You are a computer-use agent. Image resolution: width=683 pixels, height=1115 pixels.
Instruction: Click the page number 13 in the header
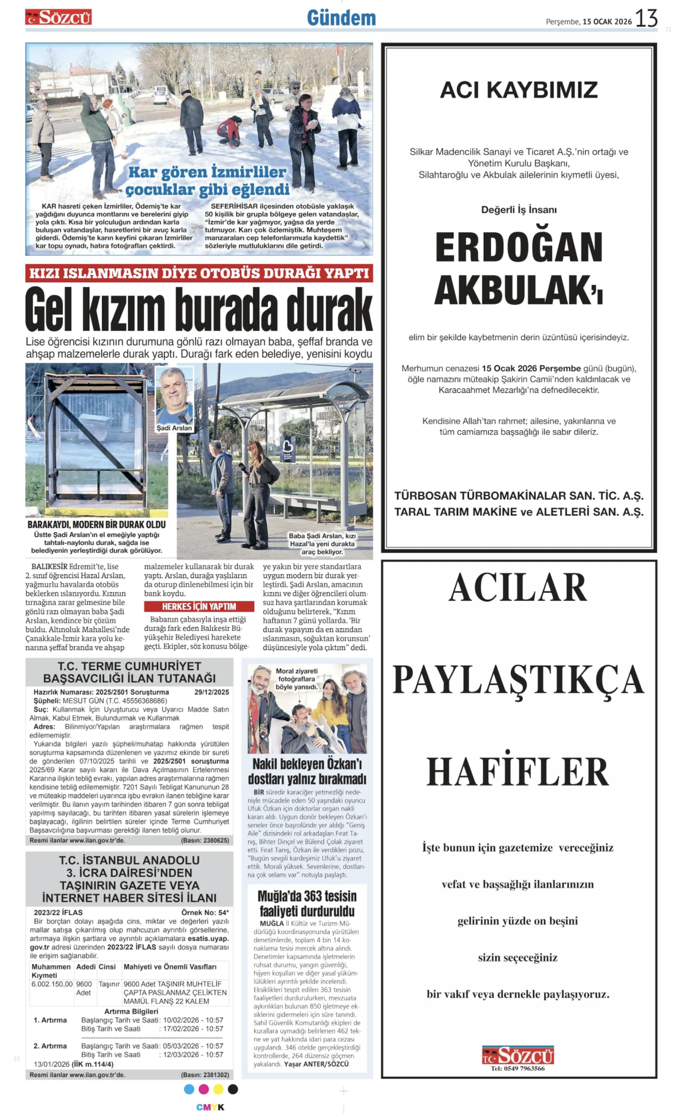tap(646, 18)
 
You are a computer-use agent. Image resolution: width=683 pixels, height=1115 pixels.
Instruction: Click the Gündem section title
tap(341, 18)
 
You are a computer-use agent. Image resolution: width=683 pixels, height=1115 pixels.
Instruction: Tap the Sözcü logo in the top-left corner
tap(58, 18)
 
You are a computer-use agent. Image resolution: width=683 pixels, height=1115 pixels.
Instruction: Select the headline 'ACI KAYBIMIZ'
tap(519, 90)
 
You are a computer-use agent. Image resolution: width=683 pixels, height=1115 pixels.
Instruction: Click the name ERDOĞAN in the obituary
tap(519, 248)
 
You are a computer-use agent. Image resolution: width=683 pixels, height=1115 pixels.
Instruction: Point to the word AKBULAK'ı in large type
tap(519, 291)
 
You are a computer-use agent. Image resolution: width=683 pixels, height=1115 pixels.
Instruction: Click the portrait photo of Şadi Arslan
tap(174, 395)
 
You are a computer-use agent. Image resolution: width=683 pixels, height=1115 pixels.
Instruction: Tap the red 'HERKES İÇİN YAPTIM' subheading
tap(199, 607)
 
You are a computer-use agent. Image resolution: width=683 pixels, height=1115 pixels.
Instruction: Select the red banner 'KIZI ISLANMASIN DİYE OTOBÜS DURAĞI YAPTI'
tap(199, 273)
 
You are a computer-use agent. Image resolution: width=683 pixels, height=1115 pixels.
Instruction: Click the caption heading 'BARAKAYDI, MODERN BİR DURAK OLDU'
tap(96, 524)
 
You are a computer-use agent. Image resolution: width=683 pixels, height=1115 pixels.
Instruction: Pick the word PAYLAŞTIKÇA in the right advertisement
tap(518, 680)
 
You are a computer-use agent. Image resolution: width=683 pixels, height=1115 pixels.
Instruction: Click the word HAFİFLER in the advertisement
tap(518, 771)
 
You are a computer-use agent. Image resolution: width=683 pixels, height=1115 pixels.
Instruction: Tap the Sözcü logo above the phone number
tap(518, 1055)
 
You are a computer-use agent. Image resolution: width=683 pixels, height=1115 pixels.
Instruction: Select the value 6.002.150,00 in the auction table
tap(52, 984)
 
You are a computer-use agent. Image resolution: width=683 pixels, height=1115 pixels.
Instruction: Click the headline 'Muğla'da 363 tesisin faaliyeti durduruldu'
tap(307, 904)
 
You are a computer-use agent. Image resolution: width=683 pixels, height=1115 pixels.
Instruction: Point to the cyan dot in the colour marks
tap(189, 1089)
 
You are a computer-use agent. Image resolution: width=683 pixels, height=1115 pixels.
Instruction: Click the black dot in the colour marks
tap(233, 1089)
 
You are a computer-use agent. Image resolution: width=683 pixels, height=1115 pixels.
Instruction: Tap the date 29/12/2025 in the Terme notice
tap(211, 692)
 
